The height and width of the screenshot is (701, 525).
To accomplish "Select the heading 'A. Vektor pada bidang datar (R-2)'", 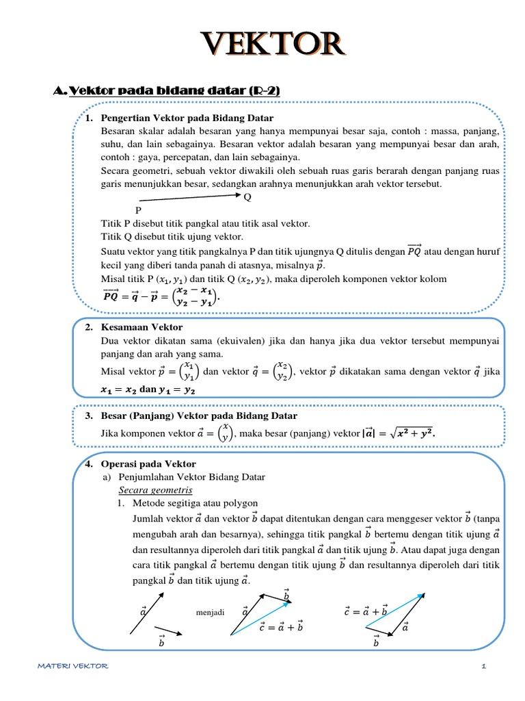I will point(166,91).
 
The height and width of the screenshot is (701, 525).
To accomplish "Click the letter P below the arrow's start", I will point(138,211).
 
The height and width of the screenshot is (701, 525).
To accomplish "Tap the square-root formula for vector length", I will point(409,433).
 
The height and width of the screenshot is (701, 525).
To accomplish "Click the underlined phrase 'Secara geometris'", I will point(156,490).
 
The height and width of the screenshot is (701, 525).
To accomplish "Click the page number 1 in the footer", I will point(484,666).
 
